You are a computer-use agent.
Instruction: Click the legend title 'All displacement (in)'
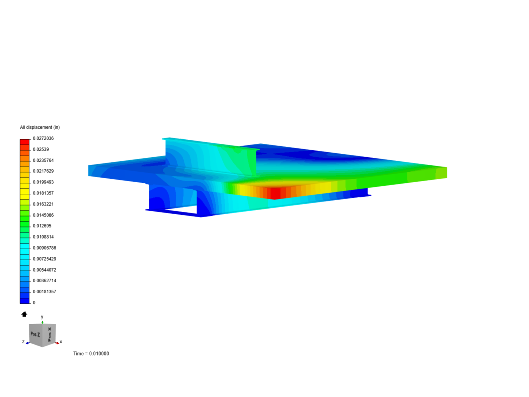40,127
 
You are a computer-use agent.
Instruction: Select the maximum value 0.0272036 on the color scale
43,138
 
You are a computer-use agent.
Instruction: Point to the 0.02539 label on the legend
41,150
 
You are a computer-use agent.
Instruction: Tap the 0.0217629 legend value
43,171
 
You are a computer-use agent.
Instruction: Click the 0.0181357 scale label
43,193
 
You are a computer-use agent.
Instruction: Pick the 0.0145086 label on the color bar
43,215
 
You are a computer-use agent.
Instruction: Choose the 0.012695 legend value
42,226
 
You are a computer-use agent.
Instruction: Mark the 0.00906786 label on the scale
44,248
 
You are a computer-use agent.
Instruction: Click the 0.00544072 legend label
44,270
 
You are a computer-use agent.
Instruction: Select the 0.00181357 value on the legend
44,292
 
